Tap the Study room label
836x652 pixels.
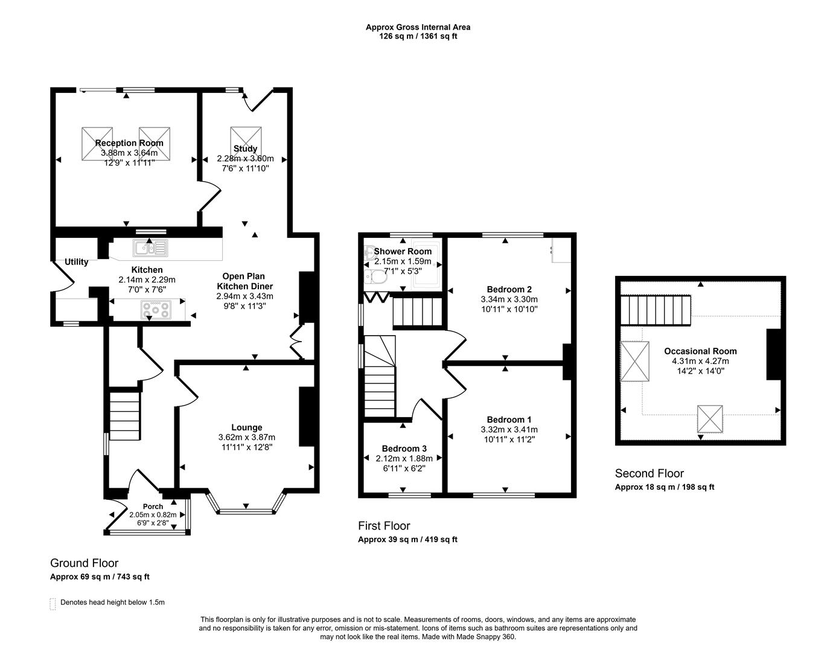click(x=245, y=149)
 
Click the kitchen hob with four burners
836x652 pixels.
click(x=156, y=310)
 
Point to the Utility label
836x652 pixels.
click(x=77, y=262)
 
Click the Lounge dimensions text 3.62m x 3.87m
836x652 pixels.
click(x=246, y=437)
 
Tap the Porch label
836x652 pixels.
click(x=153, y=507)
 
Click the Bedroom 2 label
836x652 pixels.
click(x=509, y=289)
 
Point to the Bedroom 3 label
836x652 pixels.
click(x=404, y=449)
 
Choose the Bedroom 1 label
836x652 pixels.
click(x=509, y=420)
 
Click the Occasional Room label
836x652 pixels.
click(x=700, y=351)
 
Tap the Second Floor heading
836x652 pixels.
click(x=649, y=473)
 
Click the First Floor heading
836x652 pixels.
click(x=384, y=526)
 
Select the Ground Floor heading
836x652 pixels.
click(x=84, y=563)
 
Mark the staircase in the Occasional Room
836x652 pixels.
click(x=656, y=310)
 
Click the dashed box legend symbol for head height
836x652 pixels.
click(x=53, y=603)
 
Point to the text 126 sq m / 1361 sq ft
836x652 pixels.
click(x=418, y=36)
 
